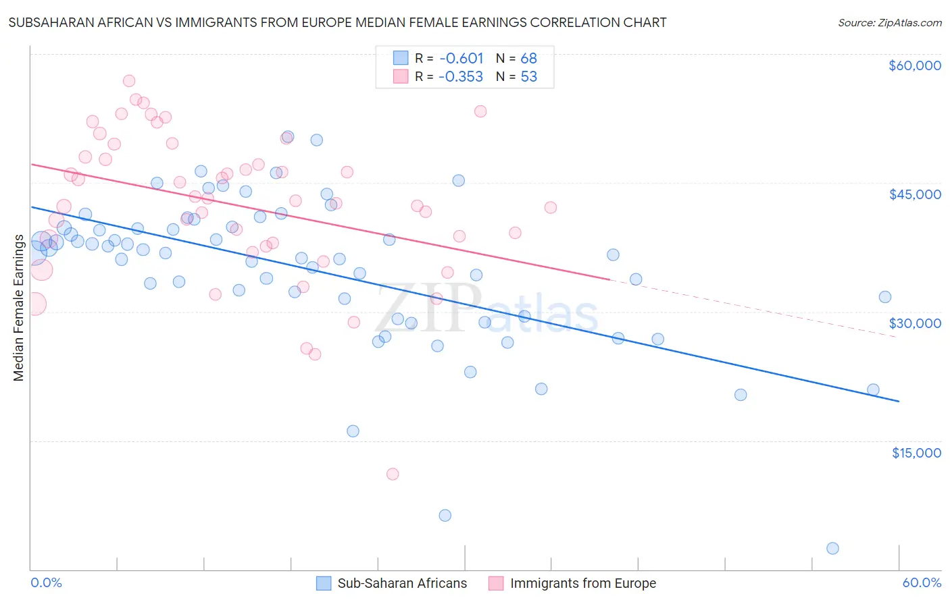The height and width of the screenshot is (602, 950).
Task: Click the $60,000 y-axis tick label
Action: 914,65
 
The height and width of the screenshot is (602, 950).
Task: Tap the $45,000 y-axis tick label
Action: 914,194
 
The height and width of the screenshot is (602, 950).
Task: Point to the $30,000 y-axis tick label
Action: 914,323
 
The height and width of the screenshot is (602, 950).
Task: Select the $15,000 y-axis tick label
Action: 916,453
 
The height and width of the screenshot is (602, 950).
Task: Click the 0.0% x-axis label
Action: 46,582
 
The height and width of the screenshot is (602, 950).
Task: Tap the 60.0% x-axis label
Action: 922,582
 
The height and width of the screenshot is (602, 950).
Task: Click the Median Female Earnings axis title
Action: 19,308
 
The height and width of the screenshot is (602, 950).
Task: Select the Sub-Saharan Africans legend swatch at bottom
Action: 324,583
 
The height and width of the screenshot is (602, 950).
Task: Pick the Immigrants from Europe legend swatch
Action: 497,583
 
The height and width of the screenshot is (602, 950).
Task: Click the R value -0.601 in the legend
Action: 461,59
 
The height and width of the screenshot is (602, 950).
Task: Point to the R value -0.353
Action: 461,77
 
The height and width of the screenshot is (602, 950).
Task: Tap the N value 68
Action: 528,59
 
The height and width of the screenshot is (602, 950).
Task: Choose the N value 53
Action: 528,77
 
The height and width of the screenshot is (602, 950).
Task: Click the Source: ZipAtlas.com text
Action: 889,23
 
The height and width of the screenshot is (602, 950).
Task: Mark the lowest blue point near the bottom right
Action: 832,548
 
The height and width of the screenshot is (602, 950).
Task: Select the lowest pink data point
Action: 393,474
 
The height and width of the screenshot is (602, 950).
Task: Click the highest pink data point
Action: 129,81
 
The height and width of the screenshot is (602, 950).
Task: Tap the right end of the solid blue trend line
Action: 899,401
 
